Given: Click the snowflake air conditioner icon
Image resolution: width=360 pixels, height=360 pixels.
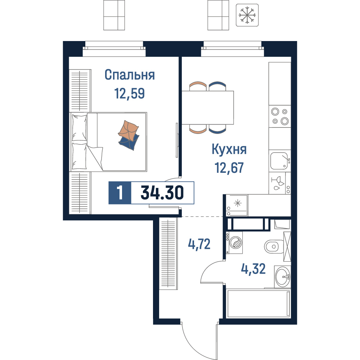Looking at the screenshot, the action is click(247, 15).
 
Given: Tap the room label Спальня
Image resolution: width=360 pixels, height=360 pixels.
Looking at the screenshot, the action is click(130, 75).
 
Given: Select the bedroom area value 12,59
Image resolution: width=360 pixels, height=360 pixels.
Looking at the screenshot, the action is click(130, 94).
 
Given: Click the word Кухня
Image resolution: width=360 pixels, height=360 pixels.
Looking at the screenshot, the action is click(229, 149).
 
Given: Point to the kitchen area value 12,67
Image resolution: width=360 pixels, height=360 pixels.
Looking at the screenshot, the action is click(229, 168).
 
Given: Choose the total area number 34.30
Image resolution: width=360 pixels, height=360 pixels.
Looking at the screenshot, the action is click(162, 193).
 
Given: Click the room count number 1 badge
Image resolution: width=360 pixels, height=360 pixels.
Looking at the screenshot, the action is click(120, 193).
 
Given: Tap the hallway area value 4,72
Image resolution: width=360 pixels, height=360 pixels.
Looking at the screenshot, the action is click(199, 244).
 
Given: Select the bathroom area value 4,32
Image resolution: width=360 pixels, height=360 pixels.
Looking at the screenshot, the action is click(253, 269).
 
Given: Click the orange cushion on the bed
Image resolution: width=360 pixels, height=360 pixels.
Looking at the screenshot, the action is click(128, 130).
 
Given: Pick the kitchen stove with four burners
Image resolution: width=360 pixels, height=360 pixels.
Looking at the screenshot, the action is click(280, 116).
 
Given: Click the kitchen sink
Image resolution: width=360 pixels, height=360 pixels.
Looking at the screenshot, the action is click(279, 161).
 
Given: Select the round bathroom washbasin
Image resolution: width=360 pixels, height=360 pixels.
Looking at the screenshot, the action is click(283, 276).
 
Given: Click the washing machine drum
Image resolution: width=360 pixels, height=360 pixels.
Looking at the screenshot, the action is click(236, 242).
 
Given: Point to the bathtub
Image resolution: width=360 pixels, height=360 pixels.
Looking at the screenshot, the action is click(258, 303).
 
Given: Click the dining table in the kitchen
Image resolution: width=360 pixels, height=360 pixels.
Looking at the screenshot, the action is click(208, 108).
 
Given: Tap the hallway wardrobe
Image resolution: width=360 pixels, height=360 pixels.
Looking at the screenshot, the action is click(168, 254).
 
